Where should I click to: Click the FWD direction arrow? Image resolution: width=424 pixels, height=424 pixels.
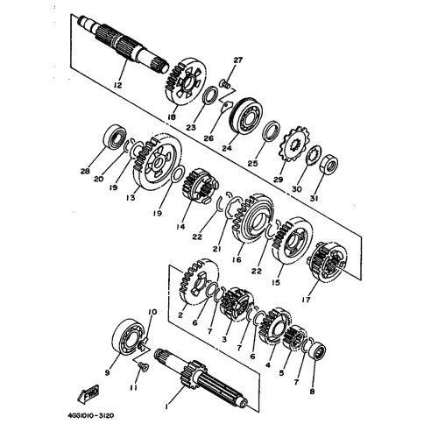tap(88, 394)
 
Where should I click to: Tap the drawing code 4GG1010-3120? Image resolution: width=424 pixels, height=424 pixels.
tap(91, 415)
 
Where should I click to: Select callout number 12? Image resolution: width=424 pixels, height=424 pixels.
tap(117, 85)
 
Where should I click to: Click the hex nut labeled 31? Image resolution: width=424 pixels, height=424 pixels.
tap(329, 164)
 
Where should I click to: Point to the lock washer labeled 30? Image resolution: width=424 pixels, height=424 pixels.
tap(314, 155)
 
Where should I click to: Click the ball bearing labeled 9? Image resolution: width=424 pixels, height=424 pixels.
tap(129, 336)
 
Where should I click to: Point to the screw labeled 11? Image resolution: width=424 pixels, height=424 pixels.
tap(142, 366)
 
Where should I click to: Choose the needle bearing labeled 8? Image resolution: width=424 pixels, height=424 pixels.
tap(317, 352)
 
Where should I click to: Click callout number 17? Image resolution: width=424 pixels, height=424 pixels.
tap(307, 300)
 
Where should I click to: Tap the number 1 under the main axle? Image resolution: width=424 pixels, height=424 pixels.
tap(166, 406)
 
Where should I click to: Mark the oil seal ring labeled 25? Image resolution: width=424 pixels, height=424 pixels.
tap(272, 131)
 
